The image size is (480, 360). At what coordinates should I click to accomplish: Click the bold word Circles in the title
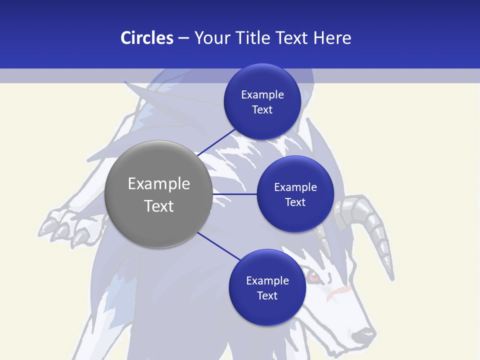coord(146,38)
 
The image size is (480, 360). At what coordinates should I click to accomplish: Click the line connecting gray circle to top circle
coord(216,142)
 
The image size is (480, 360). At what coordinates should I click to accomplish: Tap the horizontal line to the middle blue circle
coord(235,193)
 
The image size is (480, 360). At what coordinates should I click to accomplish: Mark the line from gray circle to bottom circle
coord(218,246)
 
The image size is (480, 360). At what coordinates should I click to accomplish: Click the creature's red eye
coord(312,276)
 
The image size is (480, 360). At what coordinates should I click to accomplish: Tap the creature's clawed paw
coord(62,227)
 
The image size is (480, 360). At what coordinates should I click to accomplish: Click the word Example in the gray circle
coord(158,184)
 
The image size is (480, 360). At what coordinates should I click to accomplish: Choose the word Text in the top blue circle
coord(262,110)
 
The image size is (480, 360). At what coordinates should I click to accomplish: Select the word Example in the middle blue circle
coord(295,187)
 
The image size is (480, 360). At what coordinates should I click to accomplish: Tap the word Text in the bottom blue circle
coord(267,296)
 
